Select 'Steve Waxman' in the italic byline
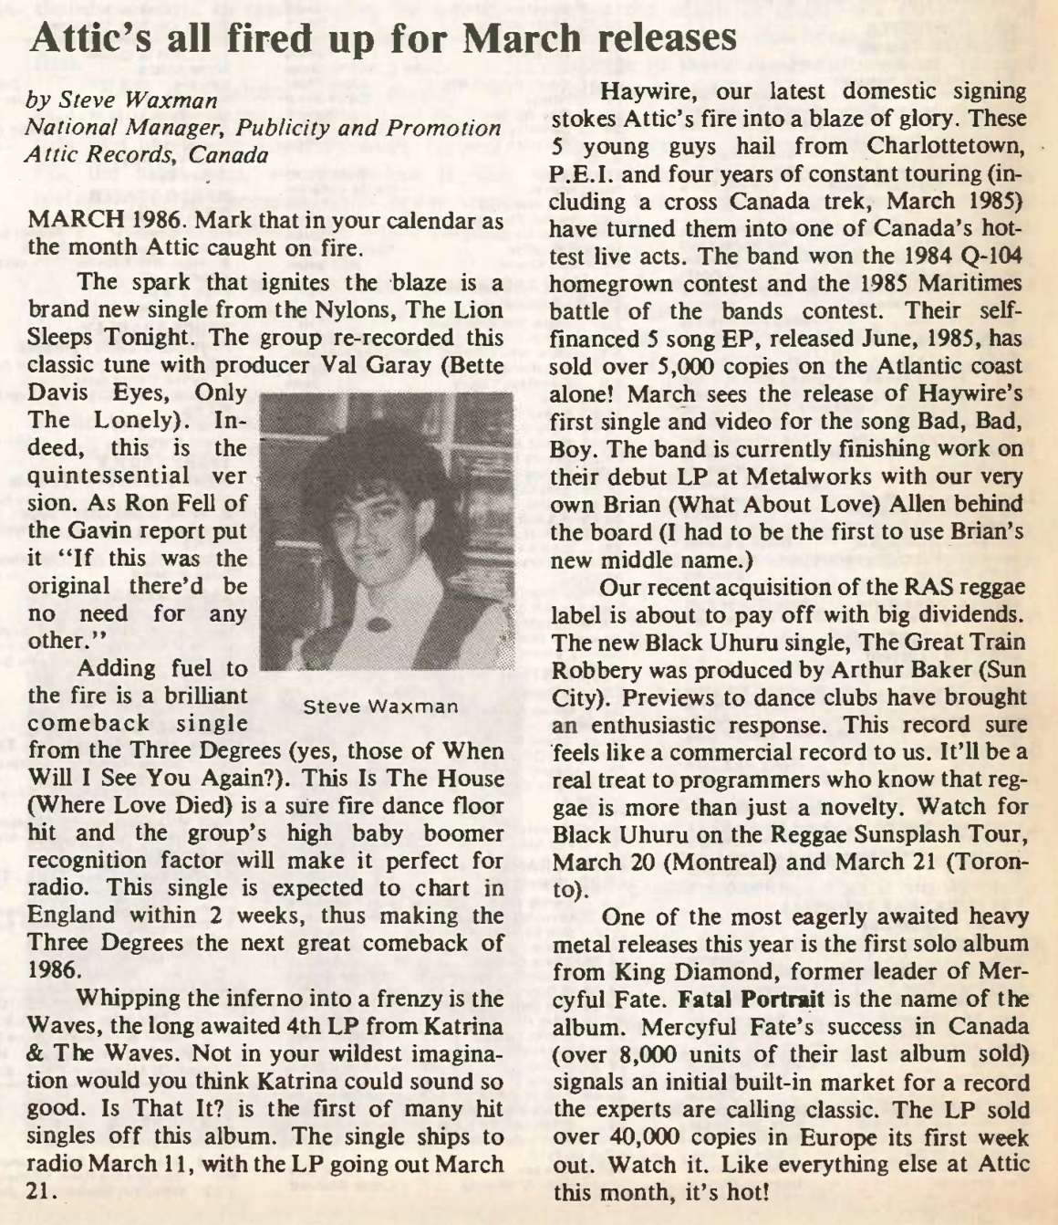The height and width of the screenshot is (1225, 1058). click(136, 99)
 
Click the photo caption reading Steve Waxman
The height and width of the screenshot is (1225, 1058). click(380, 707)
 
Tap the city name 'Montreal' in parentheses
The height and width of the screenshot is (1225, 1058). click(729, 862)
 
